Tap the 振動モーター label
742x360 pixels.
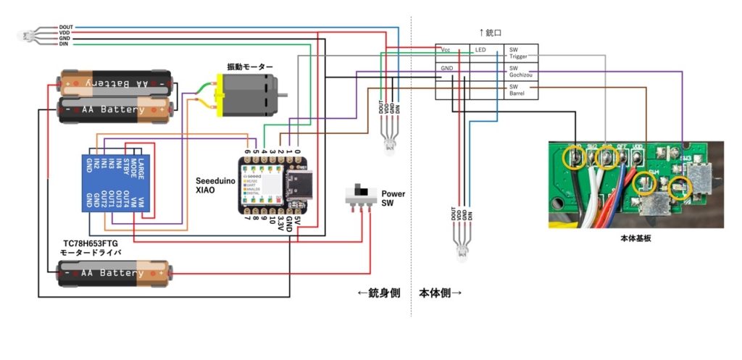(250, 67)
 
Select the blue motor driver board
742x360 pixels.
(117, 182)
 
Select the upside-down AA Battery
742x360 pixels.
(116, 83)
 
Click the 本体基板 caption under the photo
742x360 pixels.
(635, 238)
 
